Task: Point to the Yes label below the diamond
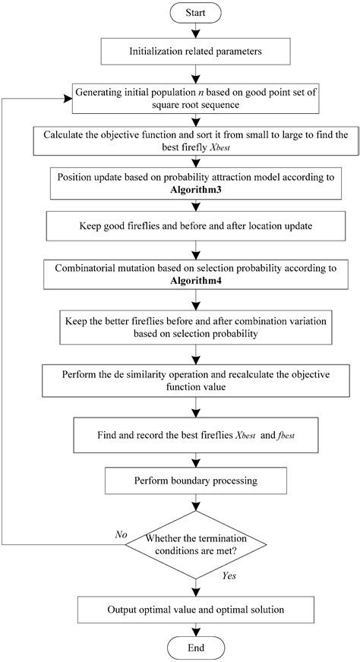coord(229,576)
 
